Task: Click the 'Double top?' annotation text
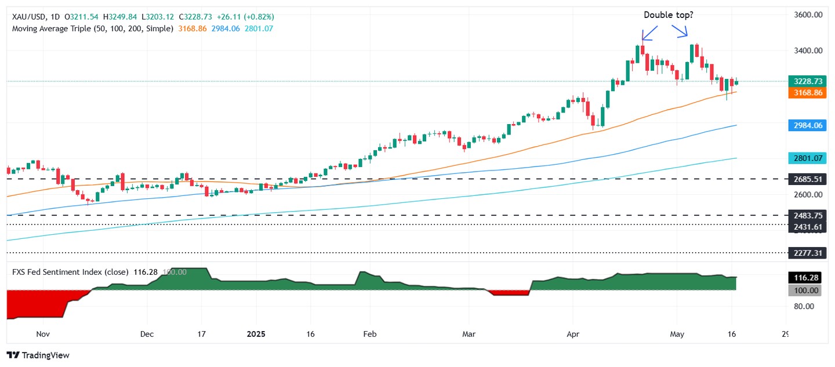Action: tap(668, 15)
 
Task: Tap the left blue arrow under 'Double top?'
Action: tap(648, 32)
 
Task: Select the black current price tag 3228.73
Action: tap(805, 82)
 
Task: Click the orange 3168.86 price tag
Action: tap(805, 93)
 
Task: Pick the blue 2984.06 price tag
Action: tap(805, 125)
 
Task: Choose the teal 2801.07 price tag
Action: tap(805, 158)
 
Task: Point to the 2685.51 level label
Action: tap(805, 180)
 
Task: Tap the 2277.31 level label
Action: tap(805, 253)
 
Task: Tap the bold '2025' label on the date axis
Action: tap(256, 334)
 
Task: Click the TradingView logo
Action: tap(38, 355)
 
